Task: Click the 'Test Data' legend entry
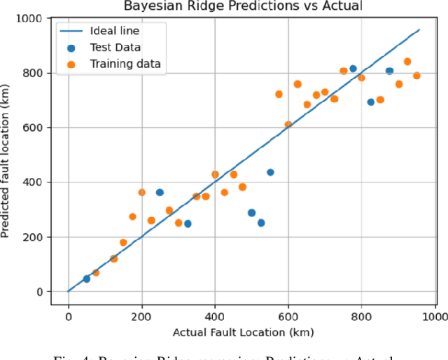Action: click(115, 48)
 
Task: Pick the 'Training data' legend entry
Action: click(125, 64)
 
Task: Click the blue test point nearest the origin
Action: click(87, 279)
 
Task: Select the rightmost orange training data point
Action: click(416, 76)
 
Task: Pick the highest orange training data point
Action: click(407, 62)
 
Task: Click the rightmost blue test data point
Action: click(389, 71)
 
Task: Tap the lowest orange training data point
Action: click(95, 272)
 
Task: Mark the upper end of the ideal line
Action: click(419, 30)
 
